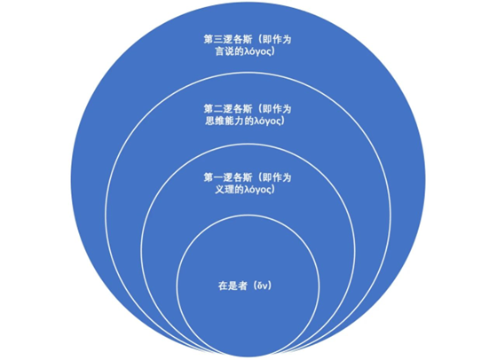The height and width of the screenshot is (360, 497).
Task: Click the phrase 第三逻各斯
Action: pos(228,40)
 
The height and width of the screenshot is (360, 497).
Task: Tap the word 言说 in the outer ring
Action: pos(225,51)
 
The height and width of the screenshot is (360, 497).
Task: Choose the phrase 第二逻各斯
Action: pos(228,109)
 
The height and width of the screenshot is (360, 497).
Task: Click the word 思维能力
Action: pos(225,121)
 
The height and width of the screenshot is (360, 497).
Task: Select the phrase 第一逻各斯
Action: pos(228,177)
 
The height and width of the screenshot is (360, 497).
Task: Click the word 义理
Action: pos(225,190)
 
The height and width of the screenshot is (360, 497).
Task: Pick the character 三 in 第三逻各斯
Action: pos(218,40)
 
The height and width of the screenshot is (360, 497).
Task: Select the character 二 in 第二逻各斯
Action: pos(218,109)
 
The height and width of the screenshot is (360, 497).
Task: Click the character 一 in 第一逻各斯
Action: pos(218,177)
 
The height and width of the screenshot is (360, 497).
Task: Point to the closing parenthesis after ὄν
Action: pos(271,286)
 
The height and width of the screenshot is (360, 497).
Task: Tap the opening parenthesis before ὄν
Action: pos(255,286)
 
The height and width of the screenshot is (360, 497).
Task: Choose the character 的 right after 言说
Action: pos(240,51)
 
